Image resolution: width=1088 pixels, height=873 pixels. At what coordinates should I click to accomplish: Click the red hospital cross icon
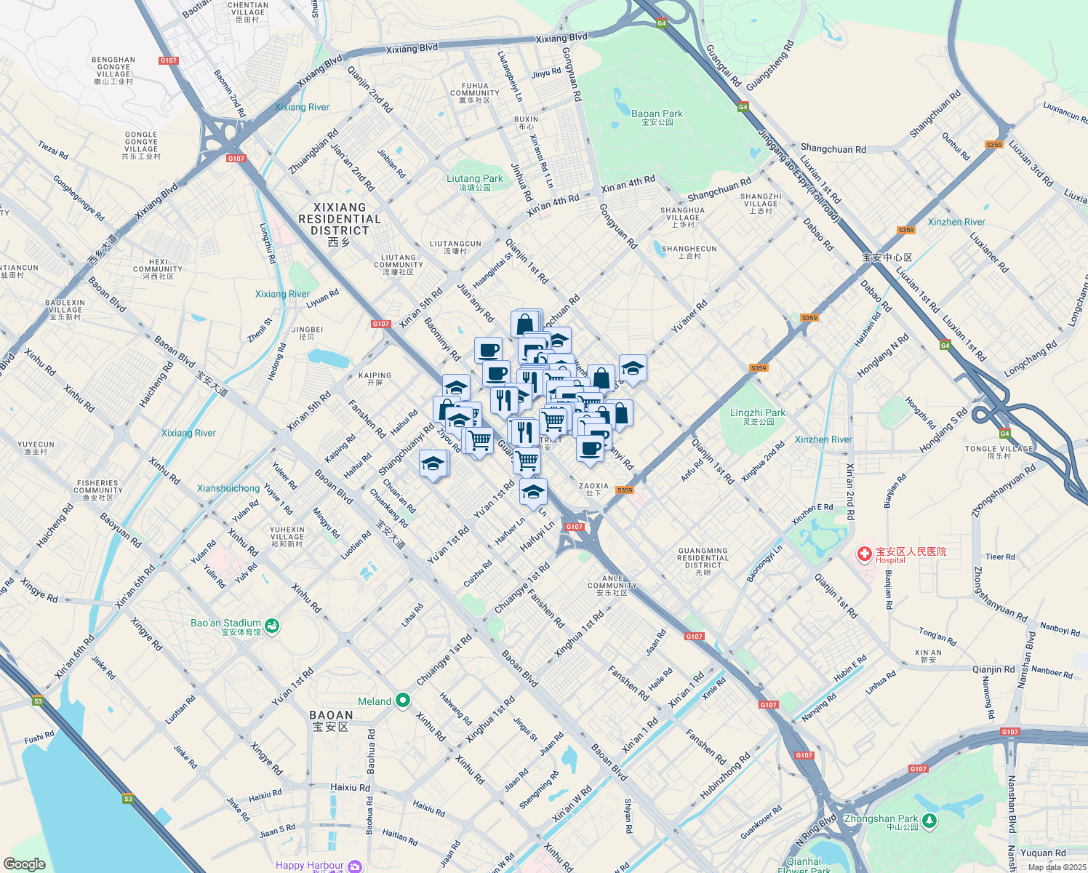click(x=864, y=555)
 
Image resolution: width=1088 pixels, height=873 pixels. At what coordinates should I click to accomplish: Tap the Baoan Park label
click(x=657, y=116)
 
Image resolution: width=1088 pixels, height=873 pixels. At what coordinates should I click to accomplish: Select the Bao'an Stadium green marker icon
click(x=272, y=626)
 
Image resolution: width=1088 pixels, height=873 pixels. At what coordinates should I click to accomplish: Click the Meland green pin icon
click(x=402, y=701)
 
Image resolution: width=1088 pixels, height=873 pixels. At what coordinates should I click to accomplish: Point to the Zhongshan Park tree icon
click(x=929, y=821)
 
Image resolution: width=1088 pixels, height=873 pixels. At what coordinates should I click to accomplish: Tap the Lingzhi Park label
click(x=757, y=415)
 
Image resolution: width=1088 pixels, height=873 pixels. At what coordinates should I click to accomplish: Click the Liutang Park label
click(x=474, y=181)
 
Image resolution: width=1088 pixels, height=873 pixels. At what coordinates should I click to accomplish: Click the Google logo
click(x=24, y=864)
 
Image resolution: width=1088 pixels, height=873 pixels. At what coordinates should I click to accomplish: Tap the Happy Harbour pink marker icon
click(x=354, y=866)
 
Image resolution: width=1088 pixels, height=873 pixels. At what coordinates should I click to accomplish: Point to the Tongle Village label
click(x=999, y=452)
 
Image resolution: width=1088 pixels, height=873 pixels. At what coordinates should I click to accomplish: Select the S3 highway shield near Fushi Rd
click(x=38, y=701)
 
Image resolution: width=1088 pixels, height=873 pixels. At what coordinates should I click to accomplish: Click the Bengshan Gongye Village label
click(x=113, y=70)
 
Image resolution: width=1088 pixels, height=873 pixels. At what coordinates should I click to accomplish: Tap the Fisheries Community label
click(x=97, y=490)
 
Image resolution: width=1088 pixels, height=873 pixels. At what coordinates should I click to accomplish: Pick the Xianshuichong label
click(x=228, y=488)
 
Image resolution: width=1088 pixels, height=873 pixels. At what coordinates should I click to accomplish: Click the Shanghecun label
click(x=689, y=252)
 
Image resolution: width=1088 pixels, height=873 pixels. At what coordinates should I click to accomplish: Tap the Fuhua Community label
click(x=475, y=92)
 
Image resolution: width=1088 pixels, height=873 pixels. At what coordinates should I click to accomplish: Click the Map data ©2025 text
click(x=1057, y=867)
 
